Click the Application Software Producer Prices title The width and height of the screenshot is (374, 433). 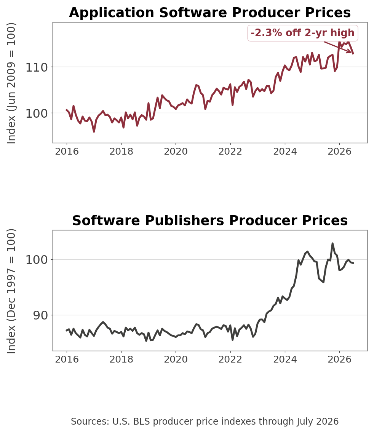tap(209, 13)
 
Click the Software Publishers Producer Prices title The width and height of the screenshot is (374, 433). tap(210, 220)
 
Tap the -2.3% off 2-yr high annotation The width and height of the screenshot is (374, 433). tap(302, 33)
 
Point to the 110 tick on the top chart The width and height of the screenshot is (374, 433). tap(37, 67)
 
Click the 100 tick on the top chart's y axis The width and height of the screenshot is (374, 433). tap(37, 113)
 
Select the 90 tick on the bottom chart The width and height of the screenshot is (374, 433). tap(40, 315)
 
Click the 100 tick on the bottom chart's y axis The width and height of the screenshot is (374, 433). tap(37, 260)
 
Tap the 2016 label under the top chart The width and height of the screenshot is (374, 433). tap(67, 152)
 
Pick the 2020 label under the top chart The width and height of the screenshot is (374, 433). tap(176, 152)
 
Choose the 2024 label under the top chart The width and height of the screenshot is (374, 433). tap(285, 152)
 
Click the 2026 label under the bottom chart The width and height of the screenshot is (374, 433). tap(339, 360)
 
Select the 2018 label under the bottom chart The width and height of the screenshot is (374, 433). tap(121, 360)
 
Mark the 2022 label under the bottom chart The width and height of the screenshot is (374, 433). tap(230, 360)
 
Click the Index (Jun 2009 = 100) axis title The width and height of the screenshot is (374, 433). tap(11, 83)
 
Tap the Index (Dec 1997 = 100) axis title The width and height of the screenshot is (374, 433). tap(11, 291)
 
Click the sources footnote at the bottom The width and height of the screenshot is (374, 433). tap(205, 422)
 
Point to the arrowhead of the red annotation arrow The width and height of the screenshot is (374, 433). tap(351, 53)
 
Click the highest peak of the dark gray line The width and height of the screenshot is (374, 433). tap(332, 244)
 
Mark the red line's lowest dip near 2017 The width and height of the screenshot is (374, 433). tap(94, 131)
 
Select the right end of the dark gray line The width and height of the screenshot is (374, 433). tap(353, 263)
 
